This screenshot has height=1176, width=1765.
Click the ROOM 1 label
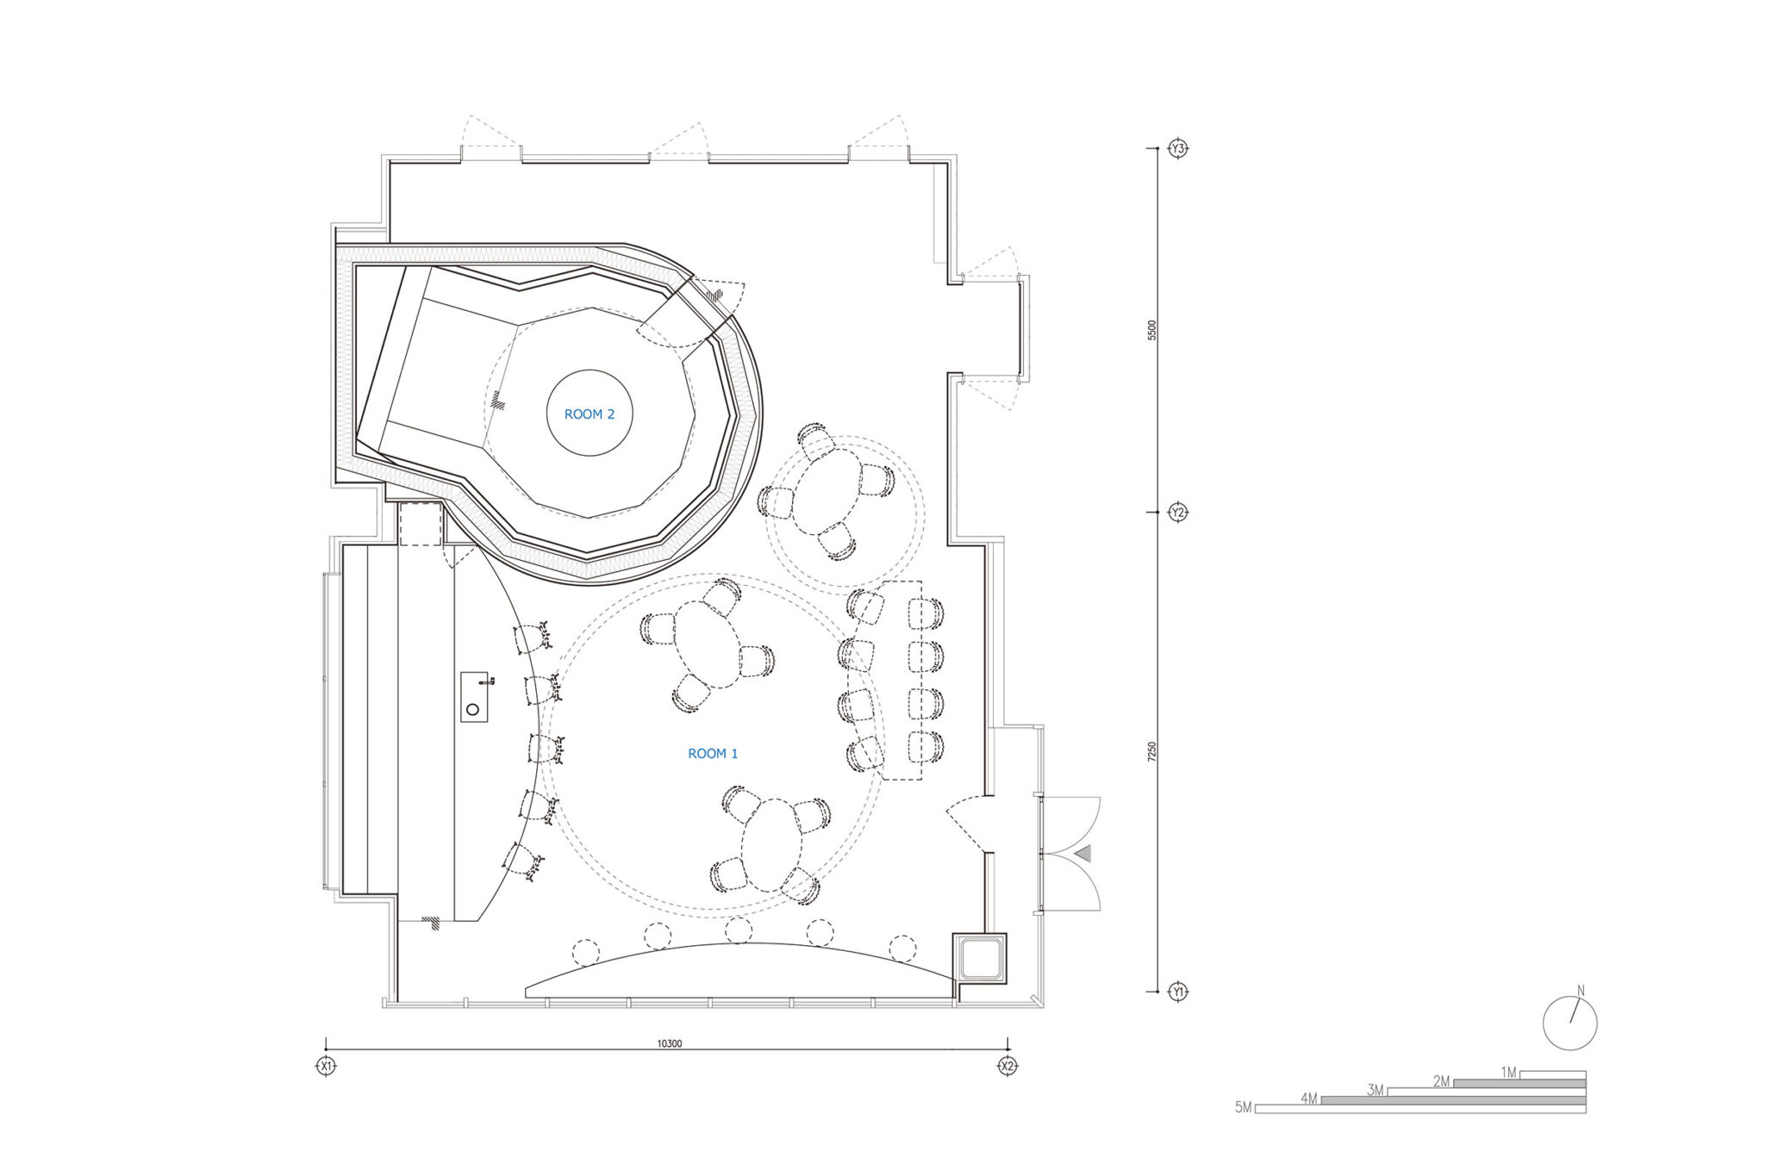[713, 754]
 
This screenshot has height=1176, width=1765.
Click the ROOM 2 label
[589, 414]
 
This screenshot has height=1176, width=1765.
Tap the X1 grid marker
[326, 1066]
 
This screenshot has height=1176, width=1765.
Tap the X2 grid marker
[1007, 1066]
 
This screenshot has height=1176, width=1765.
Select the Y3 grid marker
[1178, 148]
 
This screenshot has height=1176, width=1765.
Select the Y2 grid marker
[1178, 513]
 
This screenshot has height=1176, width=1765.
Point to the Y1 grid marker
[1178, 992]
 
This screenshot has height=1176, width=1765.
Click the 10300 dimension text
[670, 1043]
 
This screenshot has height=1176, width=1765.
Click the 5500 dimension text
[1152, 331]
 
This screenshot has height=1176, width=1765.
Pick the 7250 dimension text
[1152, 752]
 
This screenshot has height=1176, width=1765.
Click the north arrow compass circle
[1569, 1023]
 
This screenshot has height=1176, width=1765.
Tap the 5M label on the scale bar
[1243, 1107]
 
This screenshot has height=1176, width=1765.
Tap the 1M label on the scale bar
[1508, 1073]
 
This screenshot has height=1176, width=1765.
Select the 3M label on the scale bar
[1375, 1090]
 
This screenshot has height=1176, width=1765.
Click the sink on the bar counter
[474, 697]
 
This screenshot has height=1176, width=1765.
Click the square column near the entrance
[979, 957]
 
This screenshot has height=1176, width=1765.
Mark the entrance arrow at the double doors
[1083, 854]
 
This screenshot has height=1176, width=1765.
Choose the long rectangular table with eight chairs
[901, 681]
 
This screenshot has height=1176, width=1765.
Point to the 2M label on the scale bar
[1442, 1081]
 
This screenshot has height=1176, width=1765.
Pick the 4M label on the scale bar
[1309, 1098]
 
